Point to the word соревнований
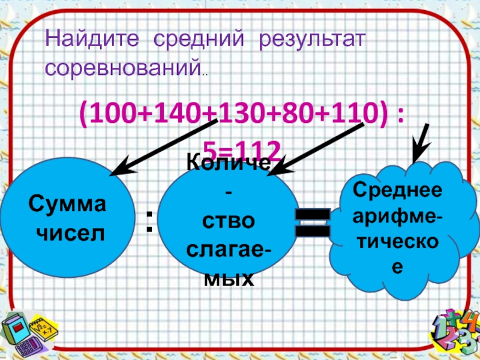click(122, 68)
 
